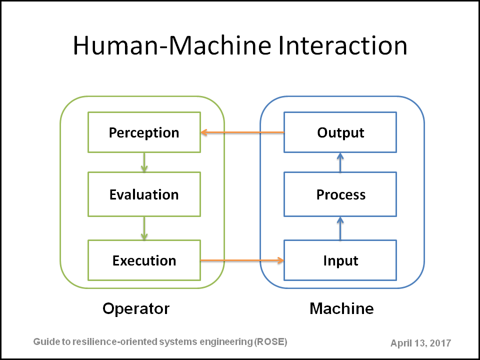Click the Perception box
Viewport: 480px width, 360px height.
[x=144, y=132]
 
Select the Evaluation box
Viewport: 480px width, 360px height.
[x=144, y=194]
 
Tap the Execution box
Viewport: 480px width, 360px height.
[x=144, y=260]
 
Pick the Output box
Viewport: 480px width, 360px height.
[x=340, y=132]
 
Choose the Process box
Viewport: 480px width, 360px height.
[x=340, y=194]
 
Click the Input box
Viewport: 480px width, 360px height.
[x=340, y=260]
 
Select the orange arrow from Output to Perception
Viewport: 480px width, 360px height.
[x=242, y=132]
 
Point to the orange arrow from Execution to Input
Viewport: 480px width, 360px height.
[x=242, y=260]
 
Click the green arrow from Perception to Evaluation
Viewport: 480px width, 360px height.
[x=144, y=162]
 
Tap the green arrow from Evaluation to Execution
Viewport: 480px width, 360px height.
[x=144, y=228]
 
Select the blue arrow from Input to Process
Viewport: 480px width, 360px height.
[x=340, y=228]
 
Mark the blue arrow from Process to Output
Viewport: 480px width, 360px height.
[x=340, y=162]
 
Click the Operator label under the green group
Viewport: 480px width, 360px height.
[x=136, y=308]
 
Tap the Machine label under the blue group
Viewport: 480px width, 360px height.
[x=341, y=308]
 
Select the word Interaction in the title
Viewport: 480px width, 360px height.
[x=343, y=45]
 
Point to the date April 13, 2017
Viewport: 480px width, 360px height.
[x=420, y=343]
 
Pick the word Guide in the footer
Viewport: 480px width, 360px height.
[x=43, y=341]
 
